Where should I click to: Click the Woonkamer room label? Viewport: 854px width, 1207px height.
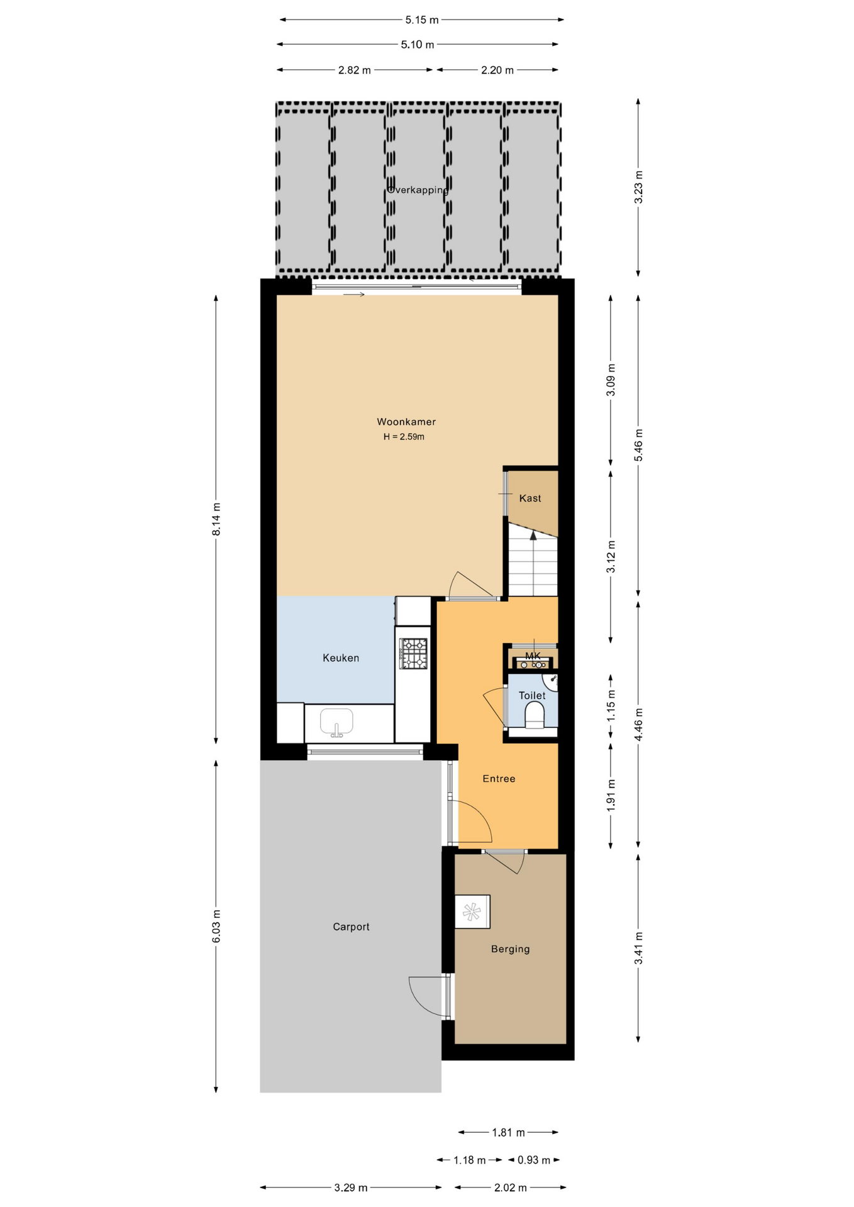[x=406, y=422]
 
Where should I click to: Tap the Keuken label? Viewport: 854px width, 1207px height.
[x=341, y=658]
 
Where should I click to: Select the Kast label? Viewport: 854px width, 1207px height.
[x=530, y=499]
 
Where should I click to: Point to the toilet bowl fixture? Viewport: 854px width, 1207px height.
[x=534, y=715]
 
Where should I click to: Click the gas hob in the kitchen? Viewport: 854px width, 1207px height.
[x=413, y=654]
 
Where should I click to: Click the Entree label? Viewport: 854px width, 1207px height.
[x=499, y=779]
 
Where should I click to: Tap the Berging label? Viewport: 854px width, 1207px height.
[x=510, y=949]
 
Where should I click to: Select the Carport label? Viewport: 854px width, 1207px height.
[x=351, y=927]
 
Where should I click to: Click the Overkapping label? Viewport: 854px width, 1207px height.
[x=418, y=190]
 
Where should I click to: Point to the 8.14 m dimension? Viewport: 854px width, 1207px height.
[x=216, y=519]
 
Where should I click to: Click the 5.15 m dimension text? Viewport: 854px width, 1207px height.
[x=422, y=20]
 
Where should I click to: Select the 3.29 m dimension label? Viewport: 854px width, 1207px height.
[x=351, y=1188]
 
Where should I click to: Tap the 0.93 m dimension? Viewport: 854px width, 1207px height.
[x=534, y=1160]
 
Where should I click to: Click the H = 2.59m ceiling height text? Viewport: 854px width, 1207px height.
[x=404, y=437]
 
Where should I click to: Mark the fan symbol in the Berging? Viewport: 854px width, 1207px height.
[x=472, y=912]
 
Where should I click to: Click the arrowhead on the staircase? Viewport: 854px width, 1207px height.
[x=533, y=536]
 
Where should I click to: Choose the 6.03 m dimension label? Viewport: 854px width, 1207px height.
[x=216, y=927]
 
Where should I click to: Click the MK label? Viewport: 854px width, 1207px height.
[x=533, y=656]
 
